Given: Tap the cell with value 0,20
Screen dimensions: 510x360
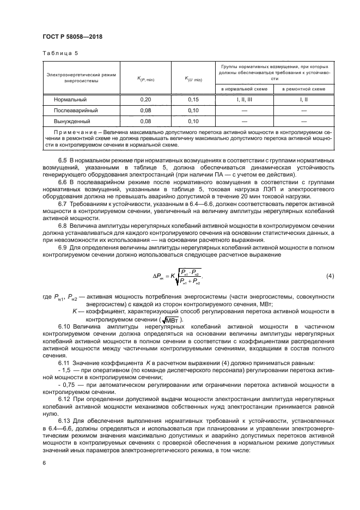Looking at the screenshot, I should (x=145, y=100).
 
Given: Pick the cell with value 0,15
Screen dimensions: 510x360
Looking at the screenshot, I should (x=193, y=100).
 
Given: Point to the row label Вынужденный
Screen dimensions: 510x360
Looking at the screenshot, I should (x=71, y=120).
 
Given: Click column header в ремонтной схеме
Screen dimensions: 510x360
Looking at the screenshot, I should (x=303, y=88).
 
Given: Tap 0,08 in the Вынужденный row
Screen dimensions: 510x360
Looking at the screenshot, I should (x=145, y=120).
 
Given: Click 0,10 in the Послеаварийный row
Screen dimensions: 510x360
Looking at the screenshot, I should (x=193, y=110).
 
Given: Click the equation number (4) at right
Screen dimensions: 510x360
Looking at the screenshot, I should (x=330, y=276).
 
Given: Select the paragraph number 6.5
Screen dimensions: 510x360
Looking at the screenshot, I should (x=62, y=160).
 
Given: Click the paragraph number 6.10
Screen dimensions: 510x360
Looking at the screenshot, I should (x=64, y=325).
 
